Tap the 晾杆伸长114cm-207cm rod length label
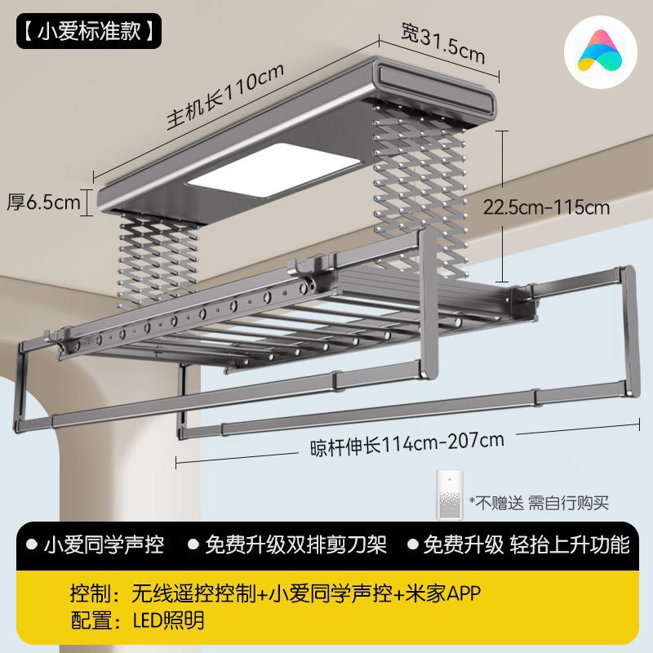click(406, 443)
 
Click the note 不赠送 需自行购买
click(539, 503)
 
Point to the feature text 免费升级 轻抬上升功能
click(526, 544)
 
